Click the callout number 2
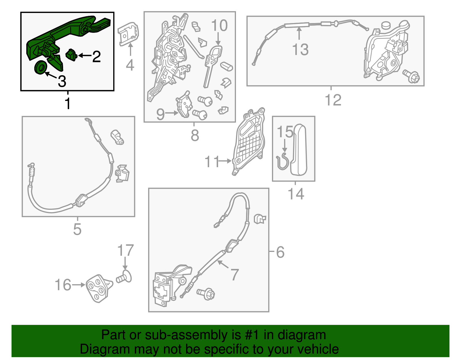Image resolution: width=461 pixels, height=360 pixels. pos(96,56)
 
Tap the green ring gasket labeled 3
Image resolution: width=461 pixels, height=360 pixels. pos(40,68)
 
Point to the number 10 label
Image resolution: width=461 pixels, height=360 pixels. pos(219,25)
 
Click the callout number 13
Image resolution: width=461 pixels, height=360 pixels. pos(300,49)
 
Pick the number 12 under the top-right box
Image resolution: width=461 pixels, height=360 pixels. pos(333,100)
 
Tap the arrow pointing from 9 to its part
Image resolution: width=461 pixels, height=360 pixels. pos(172,113)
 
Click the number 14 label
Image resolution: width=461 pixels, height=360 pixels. pos(296,194)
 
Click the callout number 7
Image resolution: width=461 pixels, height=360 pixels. pos(235,274)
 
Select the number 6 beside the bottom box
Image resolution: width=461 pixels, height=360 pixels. pos(280,252)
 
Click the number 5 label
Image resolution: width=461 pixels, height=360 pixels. pos(77,229)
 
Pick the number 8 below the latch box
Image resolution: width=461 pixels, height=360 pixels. pos(195,135)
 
